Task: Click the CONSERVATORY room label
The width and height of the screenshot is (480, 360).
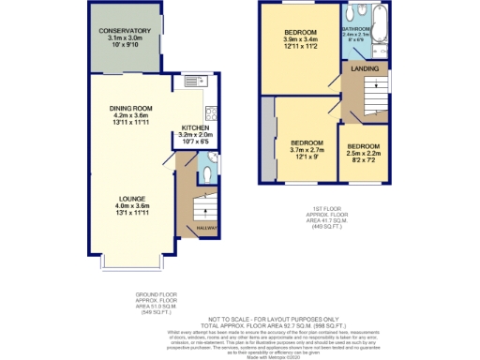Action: (x=125, y=30)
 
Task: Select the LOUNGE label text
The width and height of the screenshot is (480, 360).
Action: (x=131, y=198)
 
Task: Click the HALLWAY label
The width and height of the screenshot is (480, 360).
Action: (x=206, y=228)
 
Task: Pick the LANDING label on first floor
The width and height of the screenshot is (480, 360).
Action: (x=364, y=69)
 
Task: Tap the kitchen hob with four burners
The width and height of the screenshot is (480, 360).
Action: (x=212, y=116)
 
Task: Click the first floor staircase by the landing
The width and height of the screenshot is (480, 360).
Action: (x=375, y=95)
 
